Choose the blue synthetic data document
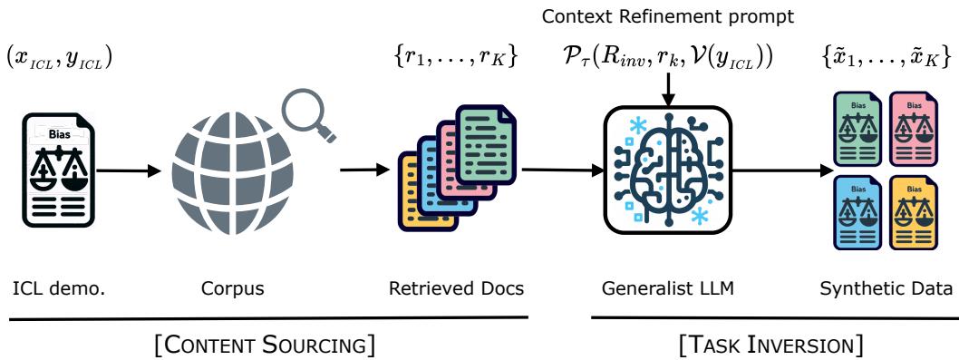858,213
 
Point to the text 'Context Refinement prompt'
666,17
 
